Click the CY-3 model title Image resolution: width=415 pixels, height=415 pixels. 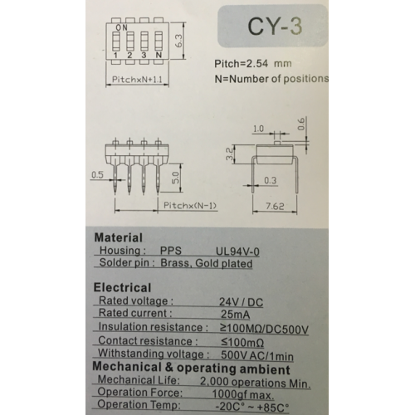[x=275, y=27]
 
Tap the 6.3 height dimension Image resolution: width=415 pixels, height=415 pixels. [x=178, y=41]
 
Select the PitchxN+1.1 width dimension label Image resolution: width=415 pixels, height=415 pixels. [x=137, y=80]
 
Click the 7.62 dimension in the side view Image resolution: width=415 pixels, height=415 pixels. [x=275, y=207]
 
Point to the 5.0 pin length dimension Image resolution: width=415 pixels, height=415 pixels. [x=176, y=177]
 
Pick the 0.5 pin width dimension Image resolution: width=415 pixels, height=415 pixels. [x=97, y=175]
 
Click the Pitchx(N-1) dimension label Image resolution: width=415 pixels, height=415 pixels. [x=190, y=206]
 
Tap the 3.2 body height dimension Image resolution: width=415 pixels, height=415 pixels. [x=229, y=154]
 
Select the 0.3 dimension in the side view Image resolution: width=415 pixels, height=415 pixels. [x=270, y=180]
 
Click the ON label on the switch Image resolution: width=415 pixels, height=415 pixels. [x=121, y=27]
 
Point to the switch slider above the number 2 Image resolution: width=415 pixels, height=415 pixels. [x=130, y=41]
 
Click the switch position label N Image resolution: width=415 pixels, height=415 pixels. [x=159, y=55]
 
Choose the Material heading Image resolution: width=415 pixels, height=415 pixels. [x=119, y=237]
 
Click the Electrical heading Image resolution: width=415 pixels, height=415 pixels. [x=122, y=287]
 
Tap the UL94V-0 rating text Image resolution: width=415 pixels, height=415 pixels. [x=237, y=251]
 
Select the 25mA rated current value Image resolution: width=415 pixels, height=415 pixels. [x=236, y=315]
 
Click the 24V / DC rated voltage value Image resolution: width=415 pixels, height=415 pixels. [x=241, y=302]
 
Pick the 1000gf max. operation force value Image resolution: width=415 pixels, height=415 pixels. [x=243, y=394]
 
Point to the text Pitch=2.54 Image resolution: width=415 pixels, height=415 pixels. [x=241, y=64]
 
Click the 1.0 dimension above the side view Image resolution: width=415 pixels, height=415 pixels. [x=258, y=129]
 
